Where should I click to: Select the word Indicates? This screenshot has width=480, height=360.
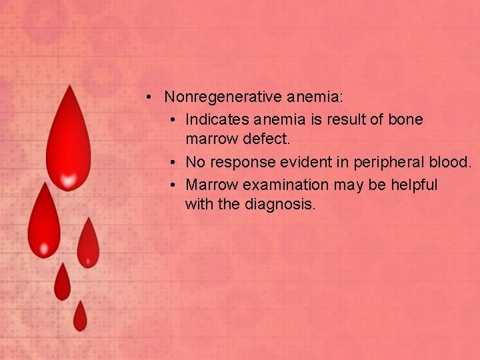(217, 119)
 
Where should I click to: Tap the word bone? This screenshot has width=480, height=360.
(405, 119)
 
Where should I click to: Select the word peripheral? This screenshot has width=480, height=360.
(387, 162)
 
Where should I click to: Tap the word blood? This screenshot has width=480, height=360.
(452, 162)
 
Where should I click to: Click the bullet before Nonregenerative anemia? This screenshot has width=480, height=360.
(152, 97)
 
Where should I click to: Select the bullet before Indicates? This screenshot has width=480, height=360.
(173, 120)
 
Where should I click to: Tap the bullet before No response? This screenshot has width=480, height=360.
(173, 163)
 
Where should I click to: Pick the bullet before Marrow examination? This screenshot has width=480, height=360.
(173, 185)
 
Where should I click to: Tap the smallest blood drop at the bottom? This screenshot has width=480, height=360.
(80, 318)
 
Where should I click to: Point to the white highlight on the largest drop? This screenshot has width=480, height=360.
(68, 179)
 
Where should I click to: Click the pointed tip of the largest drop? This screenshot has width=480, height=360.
(68, 87)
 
